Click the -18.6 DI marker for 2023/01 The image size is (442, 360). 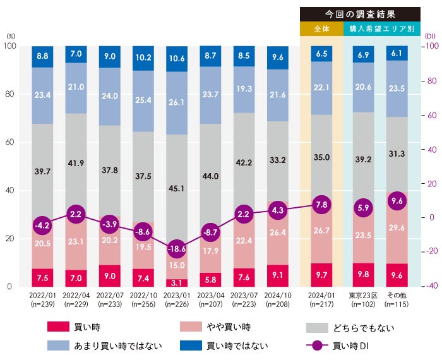click(x=177, y=248)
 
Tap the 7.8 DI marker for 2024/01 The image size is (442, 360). click(x=322, y=204)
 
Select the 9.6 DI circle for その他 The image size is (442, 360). click(x=397, y=201)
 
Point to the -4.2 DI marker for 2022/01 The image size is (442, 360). click(x=44, y=225)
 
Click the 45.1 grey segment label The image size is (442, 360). click(x=177, y=188)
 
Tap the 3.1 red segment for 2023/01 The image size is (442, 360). click(x=177, y=282)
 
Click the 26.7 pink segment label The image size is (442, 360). click(x=322, y=231)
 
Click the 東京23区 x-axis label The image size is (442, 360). click(x=363, y=295)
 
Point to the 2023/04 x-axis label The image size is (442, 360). click(x=210, y=295)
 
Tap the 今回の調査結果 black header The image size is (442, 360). click(x=360, y=14)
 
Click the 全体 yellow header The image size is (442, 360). click(x=322, y=29)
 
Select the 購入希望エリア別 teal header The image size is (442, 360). click(x=381, y=29)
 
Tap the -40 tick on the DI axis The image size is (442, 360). click(x=431, y=286)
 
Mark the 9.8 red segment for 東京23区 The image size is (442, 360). click(x=363, y=275)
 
